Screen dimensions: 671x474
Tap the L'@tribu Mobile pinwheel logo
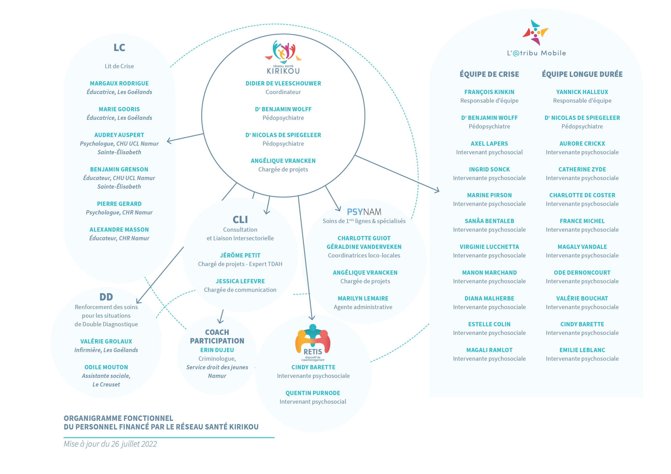pyautogui.click(x=536, y=32)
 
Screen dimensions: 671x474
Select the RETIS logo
pyautogui.click(x=313, y=343)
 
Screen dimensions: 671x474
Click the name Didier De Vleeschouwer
pyautogui.click(x=283, y=84)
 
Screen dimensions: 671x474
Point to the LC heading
pyautogui.click(x=119, y=48)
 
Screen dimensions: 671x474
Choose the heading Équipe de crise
pyautogui.click(x=489, y=74)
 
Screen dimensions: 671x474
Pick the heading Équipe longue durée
pyautogui.click(x=582, y=74)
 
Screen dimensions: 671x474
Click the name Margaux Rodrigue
pyautogui.click(x=119, y=84)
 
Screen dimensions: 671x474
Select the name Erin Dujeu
pyautogui.click(x=217, y=350)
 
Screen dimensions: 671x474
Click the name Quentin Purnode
pyautogui.click(x=313, y=393)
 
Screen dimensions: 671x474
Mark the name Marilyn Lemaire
pyautogui.click(x=363, y=299)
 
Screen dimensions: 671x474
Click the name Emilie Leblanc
pyautogui.click(x=582, y=350)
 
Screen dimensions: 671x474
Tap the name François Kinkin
pyautogui.click(x=489, y=92)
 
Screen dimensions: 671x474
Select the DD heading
pyautogui.click(x=106, y=297)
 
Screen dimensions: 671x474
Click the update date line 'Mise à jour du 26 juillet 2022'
pyautogui.click(x=110, y=444)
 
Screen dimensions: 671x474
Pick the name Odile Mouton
pyautogui.click(x=106, y=367)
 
